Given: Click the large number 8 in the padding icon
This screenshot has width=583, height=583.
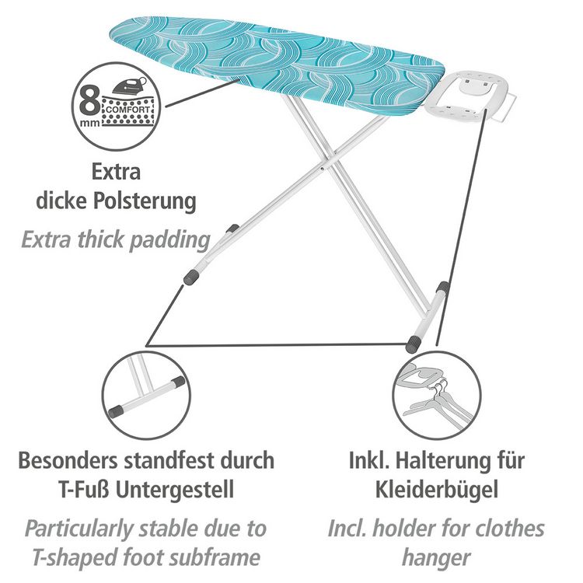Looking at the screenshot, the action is [x=90, y=100].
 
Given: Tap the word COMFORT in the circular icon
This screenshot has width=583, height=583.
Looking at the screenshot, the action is [x=128, y=110].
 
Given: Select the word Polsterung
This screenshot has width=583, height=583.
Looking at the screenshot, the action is [x=145, y=201].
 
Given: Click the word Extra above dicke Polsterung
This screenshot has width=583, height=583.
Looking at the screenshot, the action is [x=117, y=172].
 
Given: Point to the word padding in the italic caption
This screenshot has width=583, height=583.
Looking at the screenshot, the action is [x=170, y=240].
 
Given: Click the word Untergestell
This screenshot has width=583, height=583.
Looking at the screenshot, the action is [x=175, y=489].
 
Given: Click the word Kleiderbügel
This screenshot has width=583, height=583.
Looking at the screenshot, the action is [x=437, y=489].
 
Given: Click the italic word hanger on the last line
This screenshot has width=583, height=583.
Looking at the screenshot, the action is [x=437, y=558].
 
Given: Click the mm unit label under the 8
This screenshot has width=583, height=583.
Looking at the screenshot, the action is [x=90, y=122].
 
